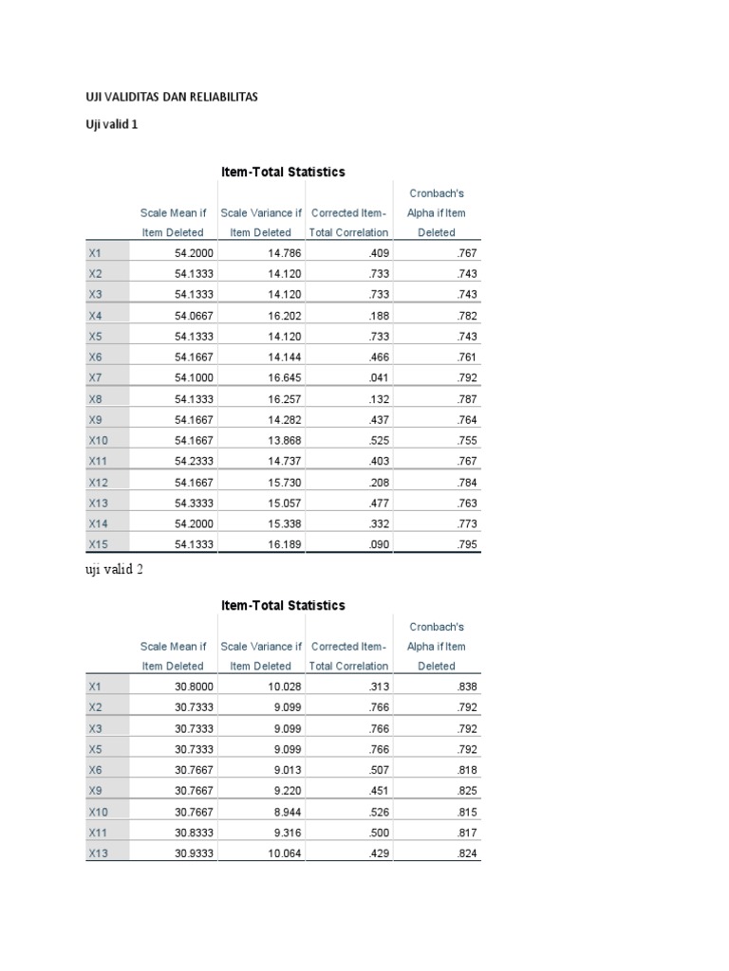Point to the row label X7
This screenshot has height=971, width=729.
coord(95,378)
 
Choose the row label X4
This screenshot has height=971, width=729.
coord(95,316)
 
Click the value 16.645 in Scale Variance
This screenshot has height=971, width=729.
coord(280,378)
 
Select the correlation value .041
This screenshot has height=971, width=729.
coord(378,378)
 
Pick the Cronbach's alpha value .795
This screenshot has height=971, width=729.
coord(465,544)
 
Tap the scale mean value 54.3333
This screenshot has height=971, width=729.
coord(195,504)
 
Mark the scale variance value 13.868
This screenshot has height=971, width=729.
coord(280,441)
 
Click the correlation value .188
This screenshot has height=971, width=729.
coord(378,316)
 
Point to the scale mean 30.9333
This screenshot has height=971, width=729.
coord(195,853)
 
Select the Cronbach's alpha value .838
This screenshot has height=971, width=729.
coord(465,687)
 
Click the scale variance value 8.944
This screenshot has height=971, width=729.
coord(284,812)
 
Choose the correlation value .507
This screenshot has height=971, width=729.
coord(378,770)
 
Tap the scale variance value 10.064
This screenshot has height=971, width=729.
coord(280,853)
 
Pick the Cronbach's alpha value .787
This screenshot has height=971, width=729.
coord(465,399)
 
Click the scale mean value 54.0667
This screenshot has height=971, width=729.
coord(195,316)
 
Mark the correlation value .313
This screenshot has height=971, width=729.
coord(378,687)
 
